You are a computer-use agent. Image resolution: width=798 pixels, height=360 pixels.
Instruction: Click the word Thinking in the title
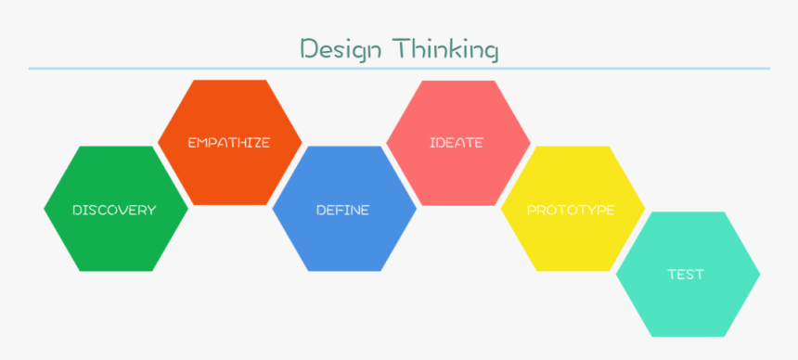[444, 48]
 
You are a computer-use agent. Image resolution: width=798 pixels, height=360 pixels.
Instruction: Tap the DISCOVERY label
[114, 210]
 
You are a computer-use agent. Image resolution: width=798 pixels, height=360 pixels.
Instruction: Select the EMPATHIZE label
[228, 143]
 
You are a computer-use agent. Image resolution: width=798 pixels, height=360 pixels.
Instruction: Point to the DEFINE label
[342, 210]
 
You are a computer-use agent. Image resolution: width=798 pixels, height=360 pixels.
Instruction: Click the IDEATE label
[457, 143]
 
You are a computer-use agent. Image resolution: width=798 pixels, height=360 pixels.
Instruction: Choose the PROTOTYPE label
[571, 210]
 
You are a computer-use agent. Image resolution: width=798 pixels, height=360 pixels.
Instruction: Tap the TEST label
[686, 275]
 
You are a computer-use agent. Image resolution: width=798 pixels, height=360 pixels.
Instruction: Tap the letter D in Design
[308, 48]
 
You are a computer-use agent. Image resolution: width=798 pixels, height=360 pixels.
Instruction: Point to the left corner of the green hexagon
[45, 209]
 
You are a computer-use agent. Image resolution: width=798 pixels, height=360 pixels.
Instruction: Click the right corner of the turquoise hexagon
[758, 275]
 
